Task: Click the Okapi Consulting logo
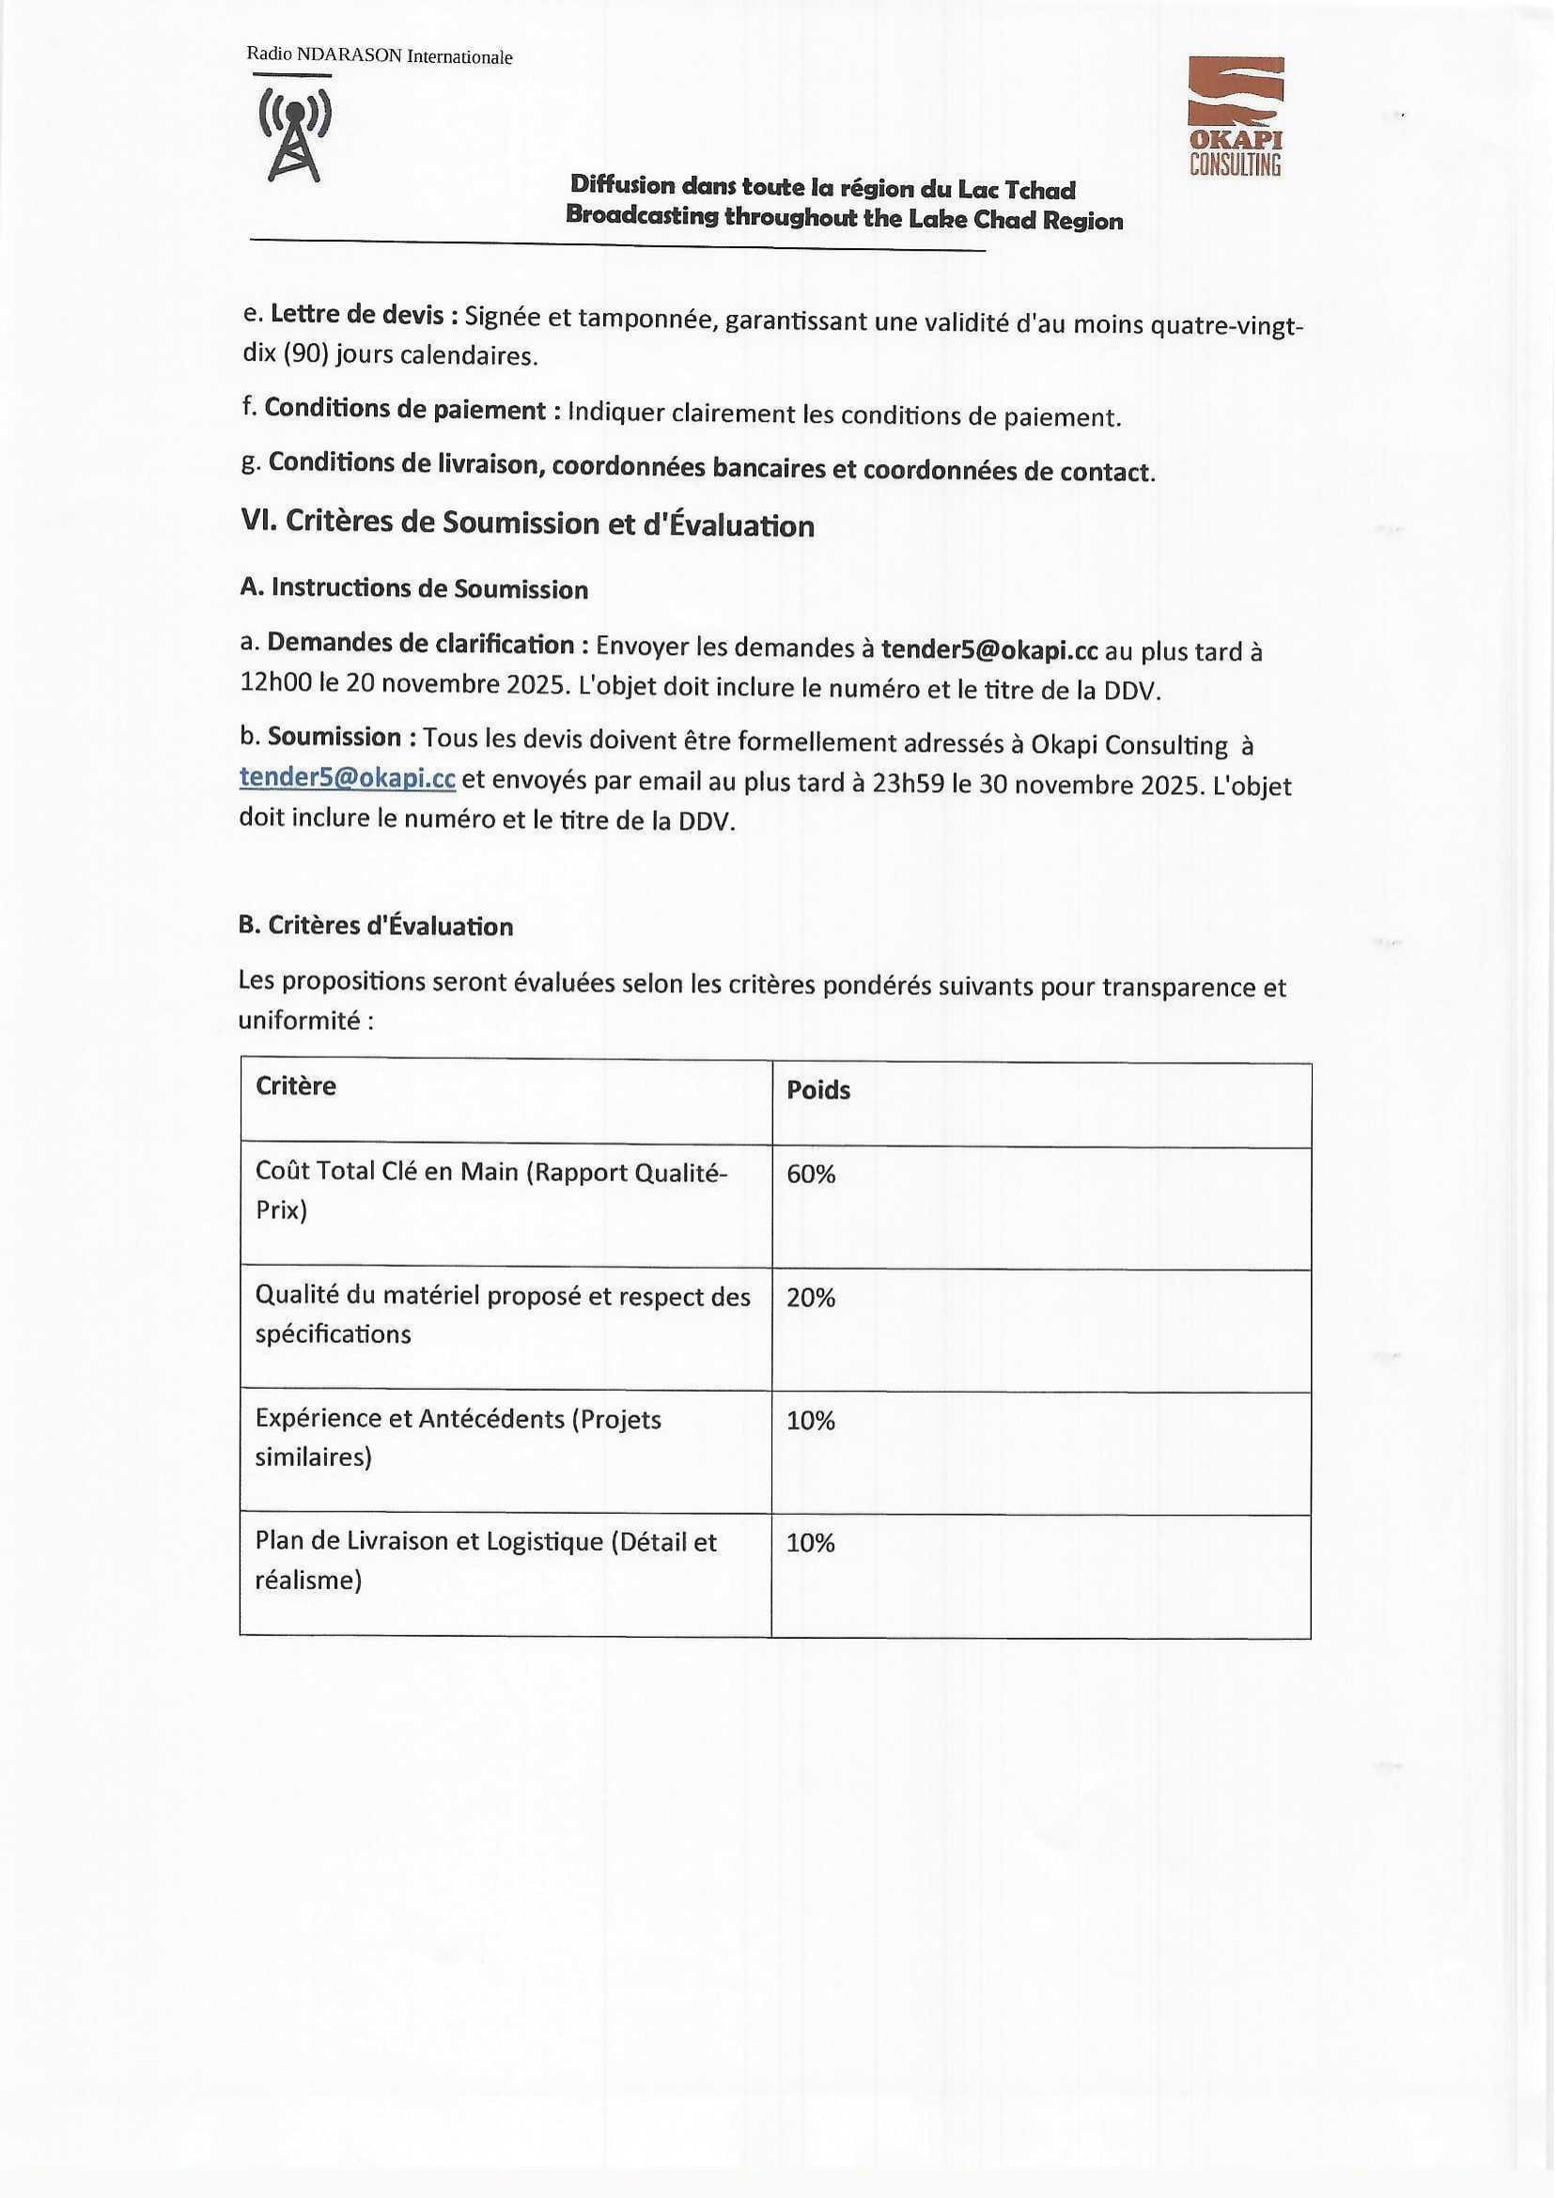1235,116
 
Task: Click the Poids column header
818,1090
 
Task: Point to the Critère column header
296,1085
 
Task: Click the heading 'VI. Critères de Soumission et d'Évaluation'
527,523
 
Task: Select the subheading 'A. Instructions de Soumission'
414,588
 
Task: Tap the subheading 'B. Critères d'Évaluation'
376,926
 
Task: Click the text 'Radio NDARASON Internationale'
380,56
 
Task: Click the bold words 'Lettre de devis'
357,314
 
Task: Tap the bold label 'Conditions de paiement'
404,409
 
